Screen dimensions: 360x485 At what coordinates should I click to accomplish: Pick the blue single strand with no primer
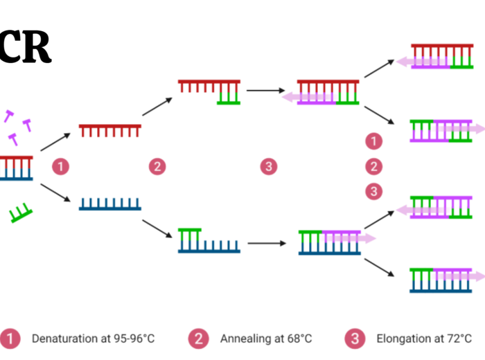(x=110, y=204)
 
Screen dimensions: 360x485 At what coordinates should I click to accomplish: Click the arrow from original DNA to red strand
(x=56, y=141)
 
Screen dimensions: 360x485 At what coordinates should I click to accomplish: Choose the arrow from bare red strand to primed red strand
(x=157, y=107)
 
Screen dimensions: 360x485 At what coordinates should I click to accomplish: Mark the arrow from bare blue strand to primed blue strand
(x=157, y=228)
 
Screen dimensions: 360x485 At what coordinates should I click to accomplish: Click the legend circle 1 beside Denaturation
(x=10, y=339)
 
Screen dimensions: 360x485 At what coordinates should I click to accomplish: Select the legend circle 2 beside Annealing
(x=198, y=339)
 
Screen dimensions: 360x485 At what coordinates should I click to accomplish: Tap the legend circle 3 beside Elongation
(x=354, y=339)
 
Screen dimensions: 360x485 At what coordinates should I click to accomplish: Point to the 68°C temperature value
(x=297, y=339)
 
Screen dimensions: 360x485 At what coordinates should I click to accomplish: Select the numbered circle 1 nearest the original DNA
(x=62, y=166)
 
